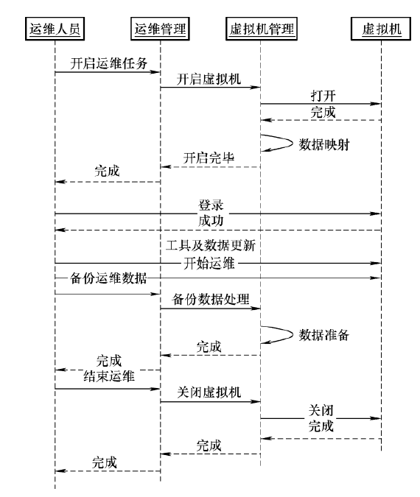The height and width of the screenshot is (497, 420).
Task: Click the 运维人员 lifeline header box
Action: coord(55,29)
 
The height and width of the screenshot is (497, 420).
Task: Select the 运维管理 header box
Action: coord(160,29)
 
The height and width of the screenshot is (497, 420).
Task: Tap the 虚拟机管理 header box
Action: coord(262,29)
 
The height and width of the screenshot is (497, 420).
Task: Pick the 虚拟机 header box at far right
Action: coord(381,29)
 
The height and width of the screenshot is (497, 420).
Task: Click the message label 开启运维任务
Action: coord(109,63)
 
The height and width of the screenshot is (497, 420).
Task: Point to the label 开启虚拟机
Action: coord(209,79)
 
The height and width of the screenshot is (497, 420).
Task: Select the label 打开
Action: coord(323,96)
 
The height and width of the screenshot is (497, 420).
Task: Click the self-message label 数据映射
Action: coord(324,145)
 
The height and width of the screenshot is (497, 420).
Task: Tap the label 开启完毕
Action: coord(209,158)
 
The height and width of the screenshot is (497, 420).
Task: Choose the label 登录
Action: coord(211,205)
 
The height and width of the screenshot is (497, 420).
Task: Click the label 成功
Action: coord(211,221)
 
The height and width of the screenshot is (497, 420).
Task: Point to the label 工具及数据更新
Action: coord(211,245)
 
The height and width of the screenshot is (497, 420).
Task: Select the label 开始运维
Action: coord(209,264)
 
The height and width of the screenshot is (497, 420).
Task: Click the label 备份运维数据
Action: coord(108,278)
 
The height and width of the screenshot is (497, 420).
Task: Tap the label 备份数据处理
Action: coord(211,299)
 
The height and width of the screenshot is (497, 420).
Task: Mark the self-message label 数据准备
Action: coord(324,335)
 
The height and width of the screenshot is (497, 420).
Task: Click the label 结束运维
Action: coord(109,376)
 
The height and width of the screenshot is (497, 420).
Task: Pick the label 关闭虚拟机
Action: coord(209,392)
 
